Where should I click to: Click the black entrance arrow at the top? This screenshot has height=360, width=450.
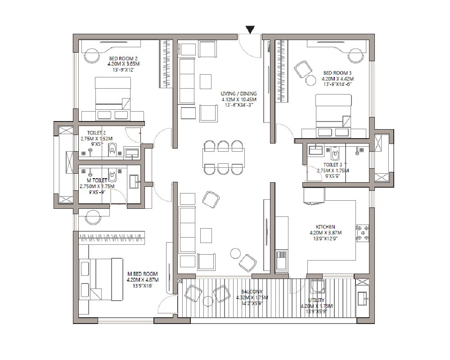[x=251, y=29]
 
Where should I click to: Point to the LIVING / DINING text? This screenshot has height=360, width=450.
[x=238, y=93]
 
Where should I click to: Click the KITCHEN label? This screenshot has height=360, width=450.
[x=325, y=227]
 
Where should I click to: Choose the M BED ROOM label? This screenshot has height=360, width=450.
[x=142, y=274]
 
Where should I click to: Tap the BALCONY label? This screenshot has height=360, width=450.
[x=252, y=292]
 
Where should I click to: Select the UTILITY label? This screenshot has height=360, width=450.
[x=316, y=300]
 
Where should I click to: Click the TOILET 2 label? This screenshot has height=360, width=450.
[x=96, y=133]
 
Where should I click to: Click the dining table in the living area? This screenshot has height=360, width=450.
[x=224, y=157]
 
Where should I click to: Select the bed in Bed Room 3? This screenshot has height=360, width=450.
[x=333, y=115]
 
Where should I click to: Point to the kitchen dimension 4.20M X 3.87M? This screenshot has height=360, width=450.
[x=325, y=233]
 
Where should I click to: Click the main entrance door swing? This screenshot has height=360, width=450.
[x=249, y=45]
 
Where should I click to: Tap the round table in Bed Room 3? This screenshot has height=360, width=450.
[x=310, y=81]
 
